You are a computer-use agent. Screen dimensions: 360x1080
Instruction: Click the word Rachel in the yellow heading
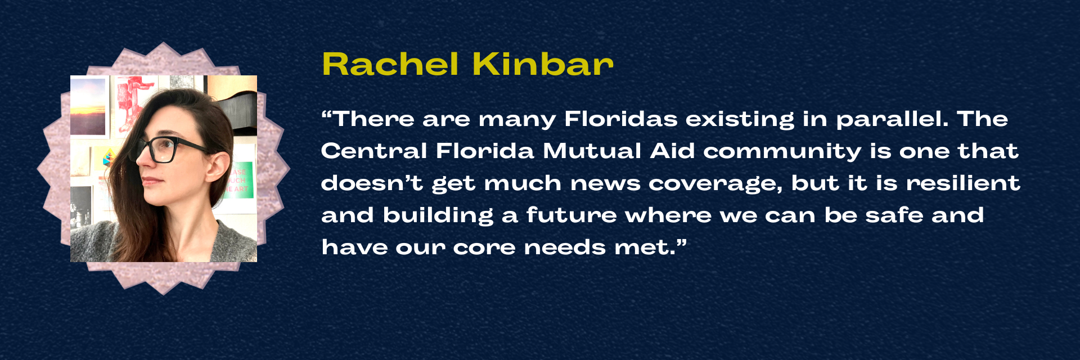[x=390, y=64]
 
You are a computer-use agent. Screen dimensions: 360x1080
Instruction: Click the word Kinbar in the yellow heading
[x=542, y=64]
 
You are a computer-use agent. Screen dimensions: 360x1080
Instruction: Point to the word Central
[x=373, y=151]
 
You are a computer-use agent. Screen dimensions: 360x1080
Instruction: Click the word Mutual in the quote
[x=592, y=151]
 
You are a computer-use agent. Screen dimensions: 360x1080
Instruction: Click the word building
[x=438, y=216]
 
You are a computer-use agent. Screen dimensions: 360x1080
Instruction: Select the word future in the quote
[x=571, y=215]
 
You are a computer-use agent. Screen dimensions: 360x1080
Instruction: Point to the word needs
[x=565, y=247]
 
